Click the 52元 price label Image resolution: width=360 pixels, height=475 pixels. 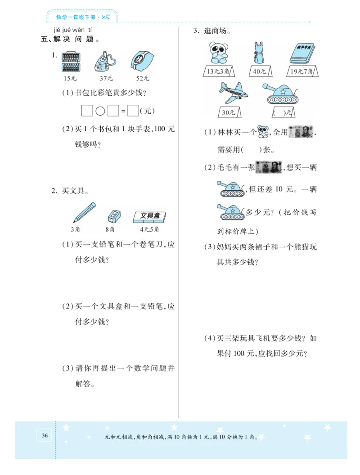click(143, 78)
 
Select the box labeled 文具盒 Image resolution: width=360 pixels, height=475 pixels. click(150, 217)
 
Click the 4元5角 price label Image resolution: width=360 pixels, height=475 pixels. click(149, 229)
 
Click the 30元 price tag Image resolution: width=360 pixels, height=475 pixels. click(229, 112)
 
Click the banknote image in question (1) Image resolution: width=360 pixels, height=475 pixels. click(301, 132)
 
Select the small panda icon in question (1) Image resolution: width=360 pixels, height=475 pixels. click(263, 132)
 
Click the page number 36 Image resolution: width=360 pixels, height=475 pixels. click(45, 435)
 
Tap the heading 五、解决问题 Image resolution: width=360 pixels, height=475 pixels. click(70, 39)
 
